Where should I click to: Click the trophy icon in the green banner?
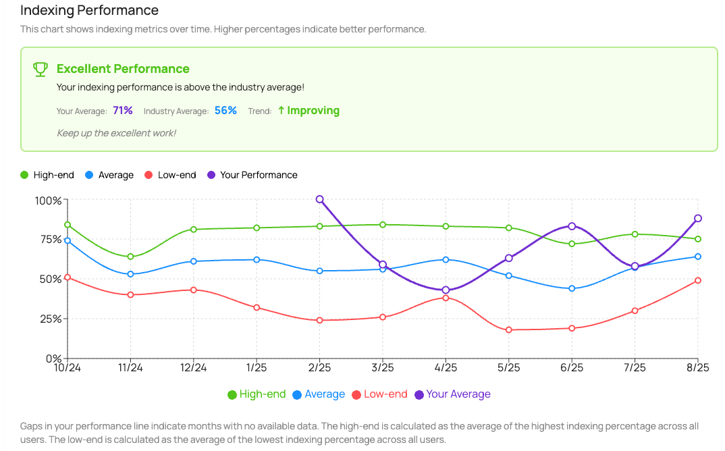point(41,69)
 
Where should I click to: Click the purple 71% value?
point(123,111)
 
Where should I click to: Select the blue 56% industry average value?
point(225,111)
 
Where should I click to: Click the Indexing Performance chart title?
point(89,11)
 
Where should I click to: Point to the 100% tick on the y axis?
point(48,201)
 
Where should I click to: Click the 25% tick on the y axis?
point(49,319)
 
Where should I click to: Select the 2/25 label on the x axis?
point(319,368)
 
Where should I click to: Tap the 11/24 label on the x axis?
point(130,368)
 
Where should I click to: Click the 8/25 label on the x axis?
point(698,368)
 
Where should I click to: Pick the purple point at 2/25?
point(319,199)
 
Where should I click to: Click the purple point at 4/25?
point(446,290)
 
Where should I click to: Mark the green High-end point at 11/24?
point(130,257)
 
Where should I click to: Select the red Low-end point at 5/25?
point(509,330)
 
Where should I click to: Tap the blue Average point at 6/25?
point(572,288)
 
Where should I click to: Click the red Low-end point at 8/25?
point(698,280)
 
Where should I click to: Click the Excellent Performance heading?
point(123,69)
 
